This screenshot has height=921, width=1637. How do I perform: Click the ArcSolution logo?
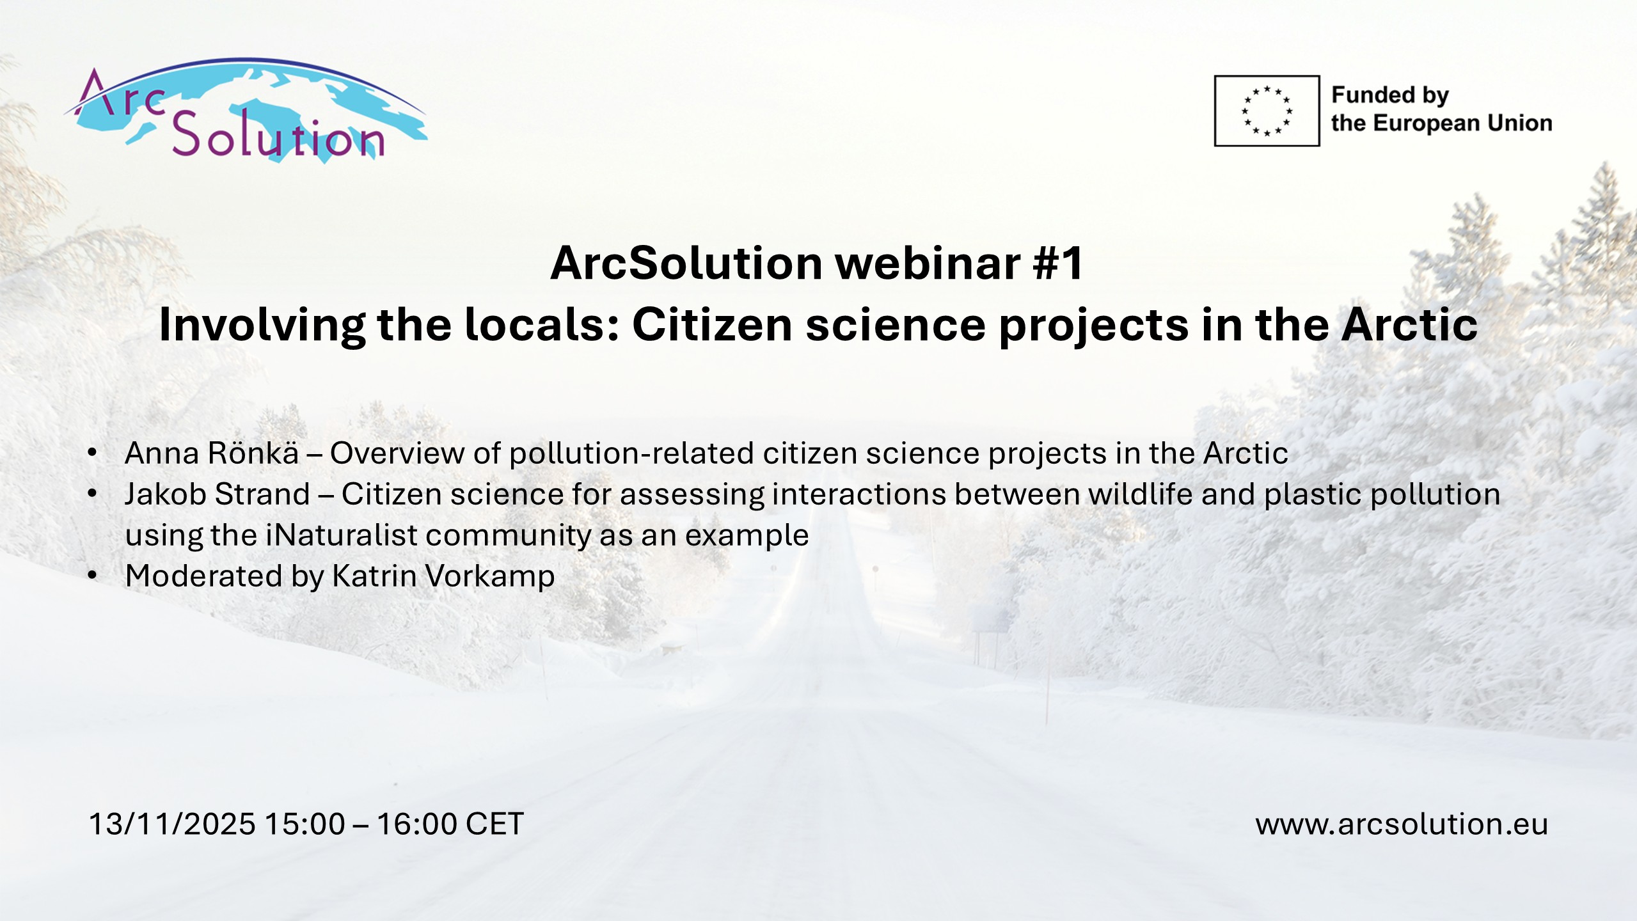246,110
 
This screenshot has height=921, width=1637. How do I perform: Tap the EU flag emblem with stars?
1267,111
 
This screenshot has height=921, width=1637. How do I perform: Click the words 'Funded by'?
1389,95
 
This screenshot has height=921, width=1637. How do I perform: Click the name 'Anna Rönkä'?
212,453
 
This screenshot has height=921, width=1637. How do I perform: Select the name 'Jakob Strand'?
217,494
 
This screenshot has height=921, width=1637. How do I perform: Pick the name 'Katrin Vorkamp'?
443,576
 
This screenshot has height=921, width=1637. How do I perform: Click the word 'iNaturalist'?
342,535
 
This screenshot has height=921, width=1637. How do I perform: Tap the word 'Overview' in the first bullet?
397,453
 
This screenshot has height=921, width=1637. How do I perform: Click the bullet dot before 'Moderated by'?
93,576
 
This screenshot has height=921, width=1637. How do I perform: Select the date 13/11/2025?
172,824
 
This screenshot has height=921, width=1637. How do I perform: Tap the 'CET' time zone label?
495,824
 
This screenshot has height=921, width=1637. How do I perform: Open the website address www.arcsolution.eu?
1402,824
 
